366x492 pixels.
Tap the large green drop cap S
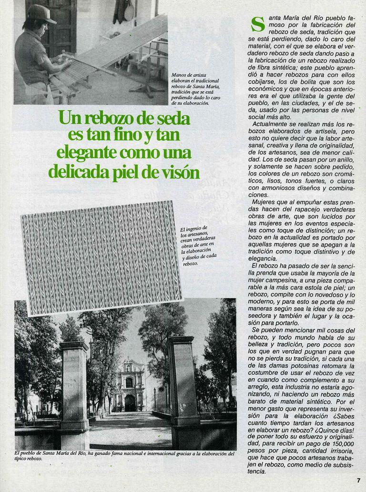click(257, 24)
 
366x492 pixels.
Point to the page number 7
click(358, 480)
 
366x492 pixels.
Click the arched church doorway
click(130, 403)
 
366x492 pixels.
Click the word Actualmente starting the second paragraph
click(271, 124)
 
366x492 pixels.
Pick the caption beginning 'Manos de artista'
click(195, 89)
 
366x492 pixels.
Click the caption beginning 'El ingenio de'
click(198, 246)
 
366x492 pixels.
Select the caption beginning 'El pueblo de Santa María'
click(124, 456)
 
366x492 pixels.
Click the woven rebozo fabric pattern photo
click(101, 257)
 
